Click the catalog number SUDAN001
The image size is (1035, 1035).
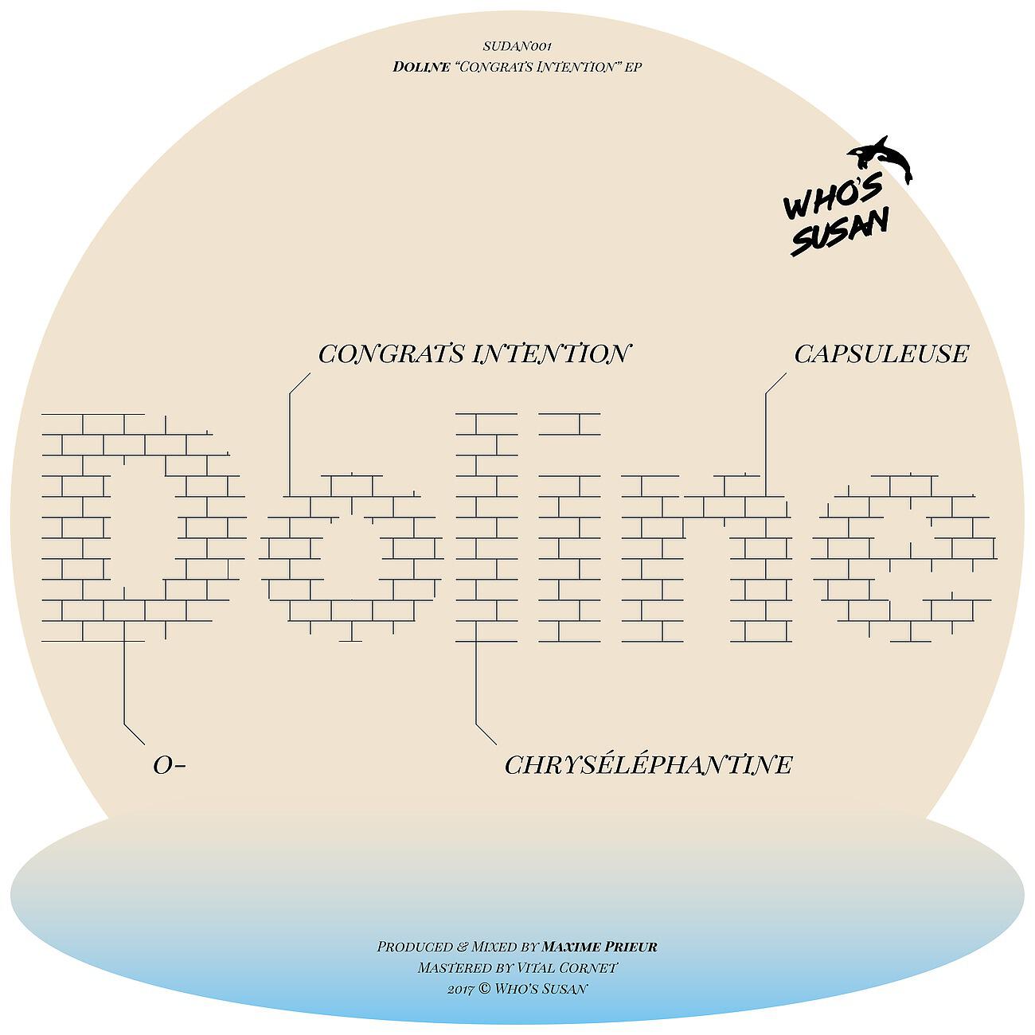point(517,46)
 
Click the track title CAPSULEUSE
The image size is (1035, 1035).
point(881,354)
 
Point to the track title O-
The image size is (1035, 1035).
point(170,765)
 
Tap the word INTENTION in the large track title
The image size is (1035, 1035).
point(550,354)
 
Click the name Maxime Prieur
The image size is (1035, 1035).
point(599,947)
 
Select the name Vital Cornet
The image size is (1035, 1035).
point(567,967)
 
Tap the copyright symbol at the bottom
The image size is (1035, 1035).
point(484,989)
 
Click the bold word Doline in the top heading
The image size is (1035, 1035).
point(421,67)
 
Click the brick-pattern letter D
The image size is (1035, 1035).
point(143,527)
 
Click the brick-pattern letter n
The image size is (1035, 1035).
point(706,559)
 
